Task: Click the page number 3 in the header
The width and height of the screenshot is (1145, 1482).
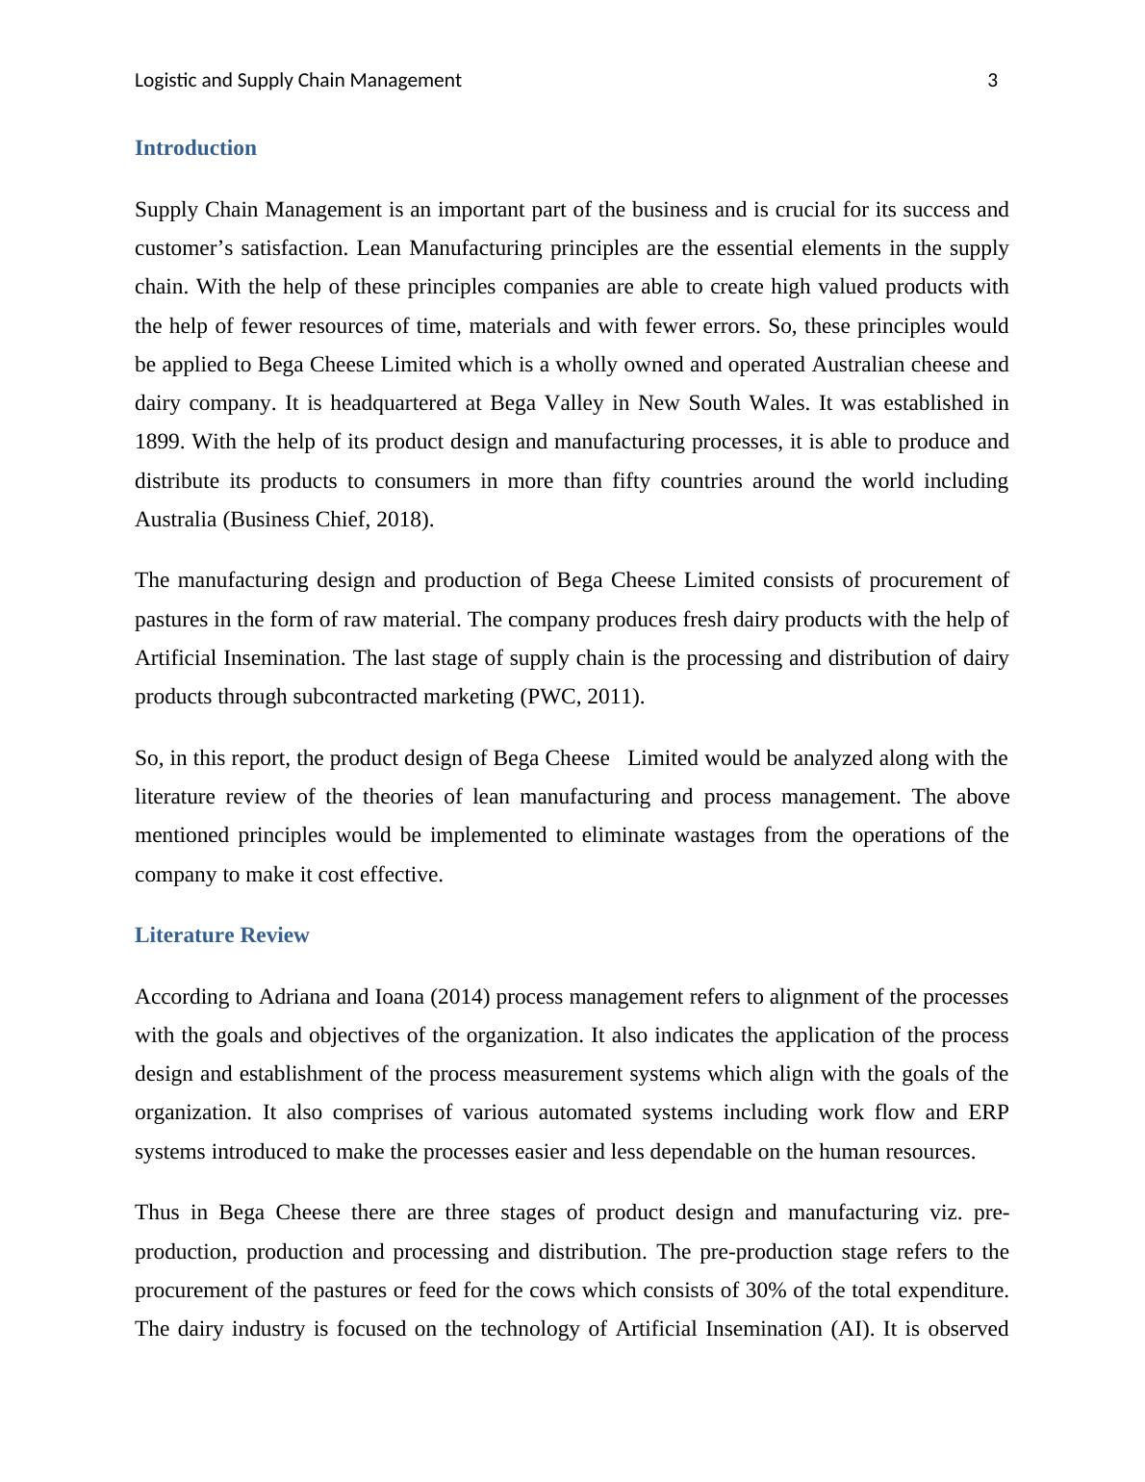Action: pyautogui.click(x=992, y=81)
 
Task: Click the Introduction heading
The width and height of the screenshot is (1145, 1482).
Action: pyautogui.click(x=195, y=148)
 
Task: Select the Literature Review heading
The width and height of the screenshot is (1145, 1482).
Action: pyautogui.click(x=221, y=935)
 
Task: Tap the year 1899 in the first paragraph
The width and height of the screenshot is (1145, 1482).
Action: pyautogui.click(x=159, y=443)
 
